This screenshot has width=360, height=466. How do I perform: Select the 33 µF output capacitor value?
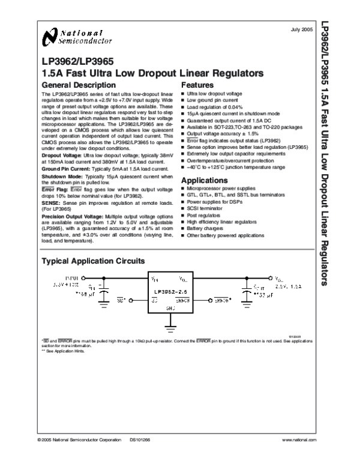pos(264,296)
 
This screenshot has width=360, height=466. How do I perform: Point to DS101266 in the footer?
pos(139,440)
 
